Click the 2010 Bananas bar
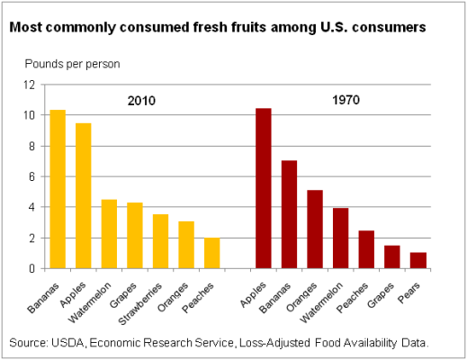click(58, 189)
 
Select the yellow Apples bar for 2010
click(83, 195)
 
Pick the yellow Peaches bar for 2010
click(211, 253)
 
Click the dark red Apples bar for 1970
click(263, 188)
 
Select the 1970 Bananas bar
click(289, 214)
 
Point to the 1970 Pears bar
click(418, 260)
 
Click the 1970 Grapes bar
click(391, 256)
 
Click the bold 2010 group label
click(140, 101)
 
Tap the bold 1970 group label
click(345, 100)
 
